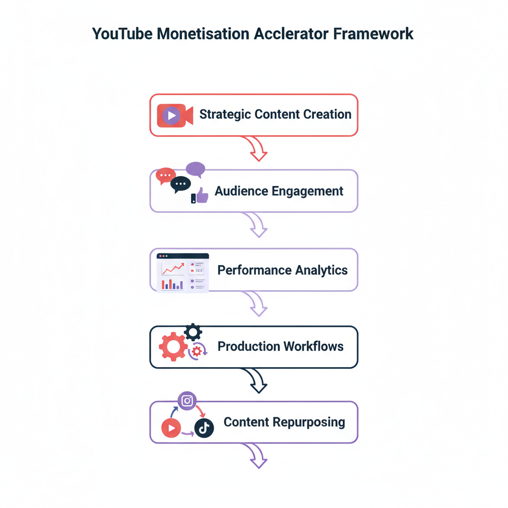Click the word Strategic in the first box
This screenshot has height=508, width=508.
tap(225, 114)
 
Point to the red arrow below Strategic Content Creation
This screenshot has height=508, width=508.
tap(257, 148)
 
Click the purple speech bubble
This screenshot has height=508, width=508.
tap(195, 169)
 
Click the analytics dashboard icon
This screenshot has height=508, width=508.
tap(183, 272)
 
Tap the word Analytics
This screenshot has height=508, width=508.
tap(321, 270)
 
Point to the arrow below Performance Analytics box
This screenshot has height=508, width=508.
tap(257, 304)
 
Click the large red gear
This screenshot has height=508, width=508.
tap(173, 347)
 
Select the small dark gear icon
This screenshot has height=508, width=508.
tap(192, 331)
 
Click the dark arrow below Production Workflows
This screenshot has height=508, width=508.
tap(257, 381)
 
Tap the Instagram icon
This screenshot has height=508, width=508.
tap(187, 401)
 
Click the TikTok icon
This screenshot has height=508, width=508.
tap(204, 428)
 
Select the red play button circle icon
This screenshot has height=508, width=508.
tap(171, 428)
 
